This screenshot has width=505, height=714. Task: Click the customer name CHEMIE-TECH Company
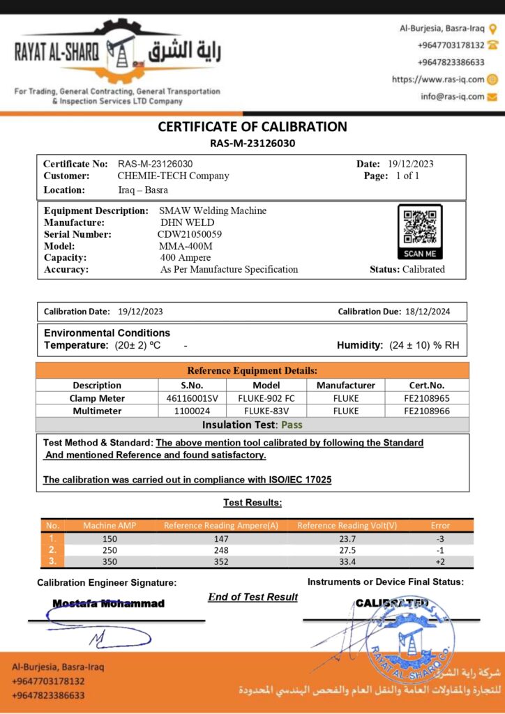pyautogui.click(x=173, y=176)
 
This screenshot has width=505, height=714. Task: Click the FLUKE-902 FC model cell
pyautogui.click(x=266, y=398)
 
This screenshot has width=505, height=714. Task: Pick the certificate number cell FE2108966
pyautogui.click(x=426, y=411)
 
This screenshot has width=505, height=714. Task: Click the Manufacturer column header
pyautogui.click(x=345, y=385)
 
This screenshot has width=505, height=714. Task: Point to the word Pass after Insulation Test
pyautogui.click(x=291, y=425)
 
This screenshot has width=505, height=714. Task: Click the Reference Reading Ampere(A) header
pyautogui.click(x=221, y=526)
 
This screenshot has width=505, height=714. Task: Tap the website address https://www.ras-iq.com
pyautogui.click(x=437, y=79)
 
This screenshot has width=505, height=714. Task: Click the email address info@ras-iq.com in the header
pyautogui.click(x=452, y=96)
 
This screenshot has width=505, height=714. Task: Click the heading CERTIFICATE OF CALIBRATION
pyautogui.click(x=252, y=127)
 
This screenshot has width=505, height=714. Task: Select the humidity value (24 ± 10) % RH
pyautogui.click(x=424, y=345)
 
